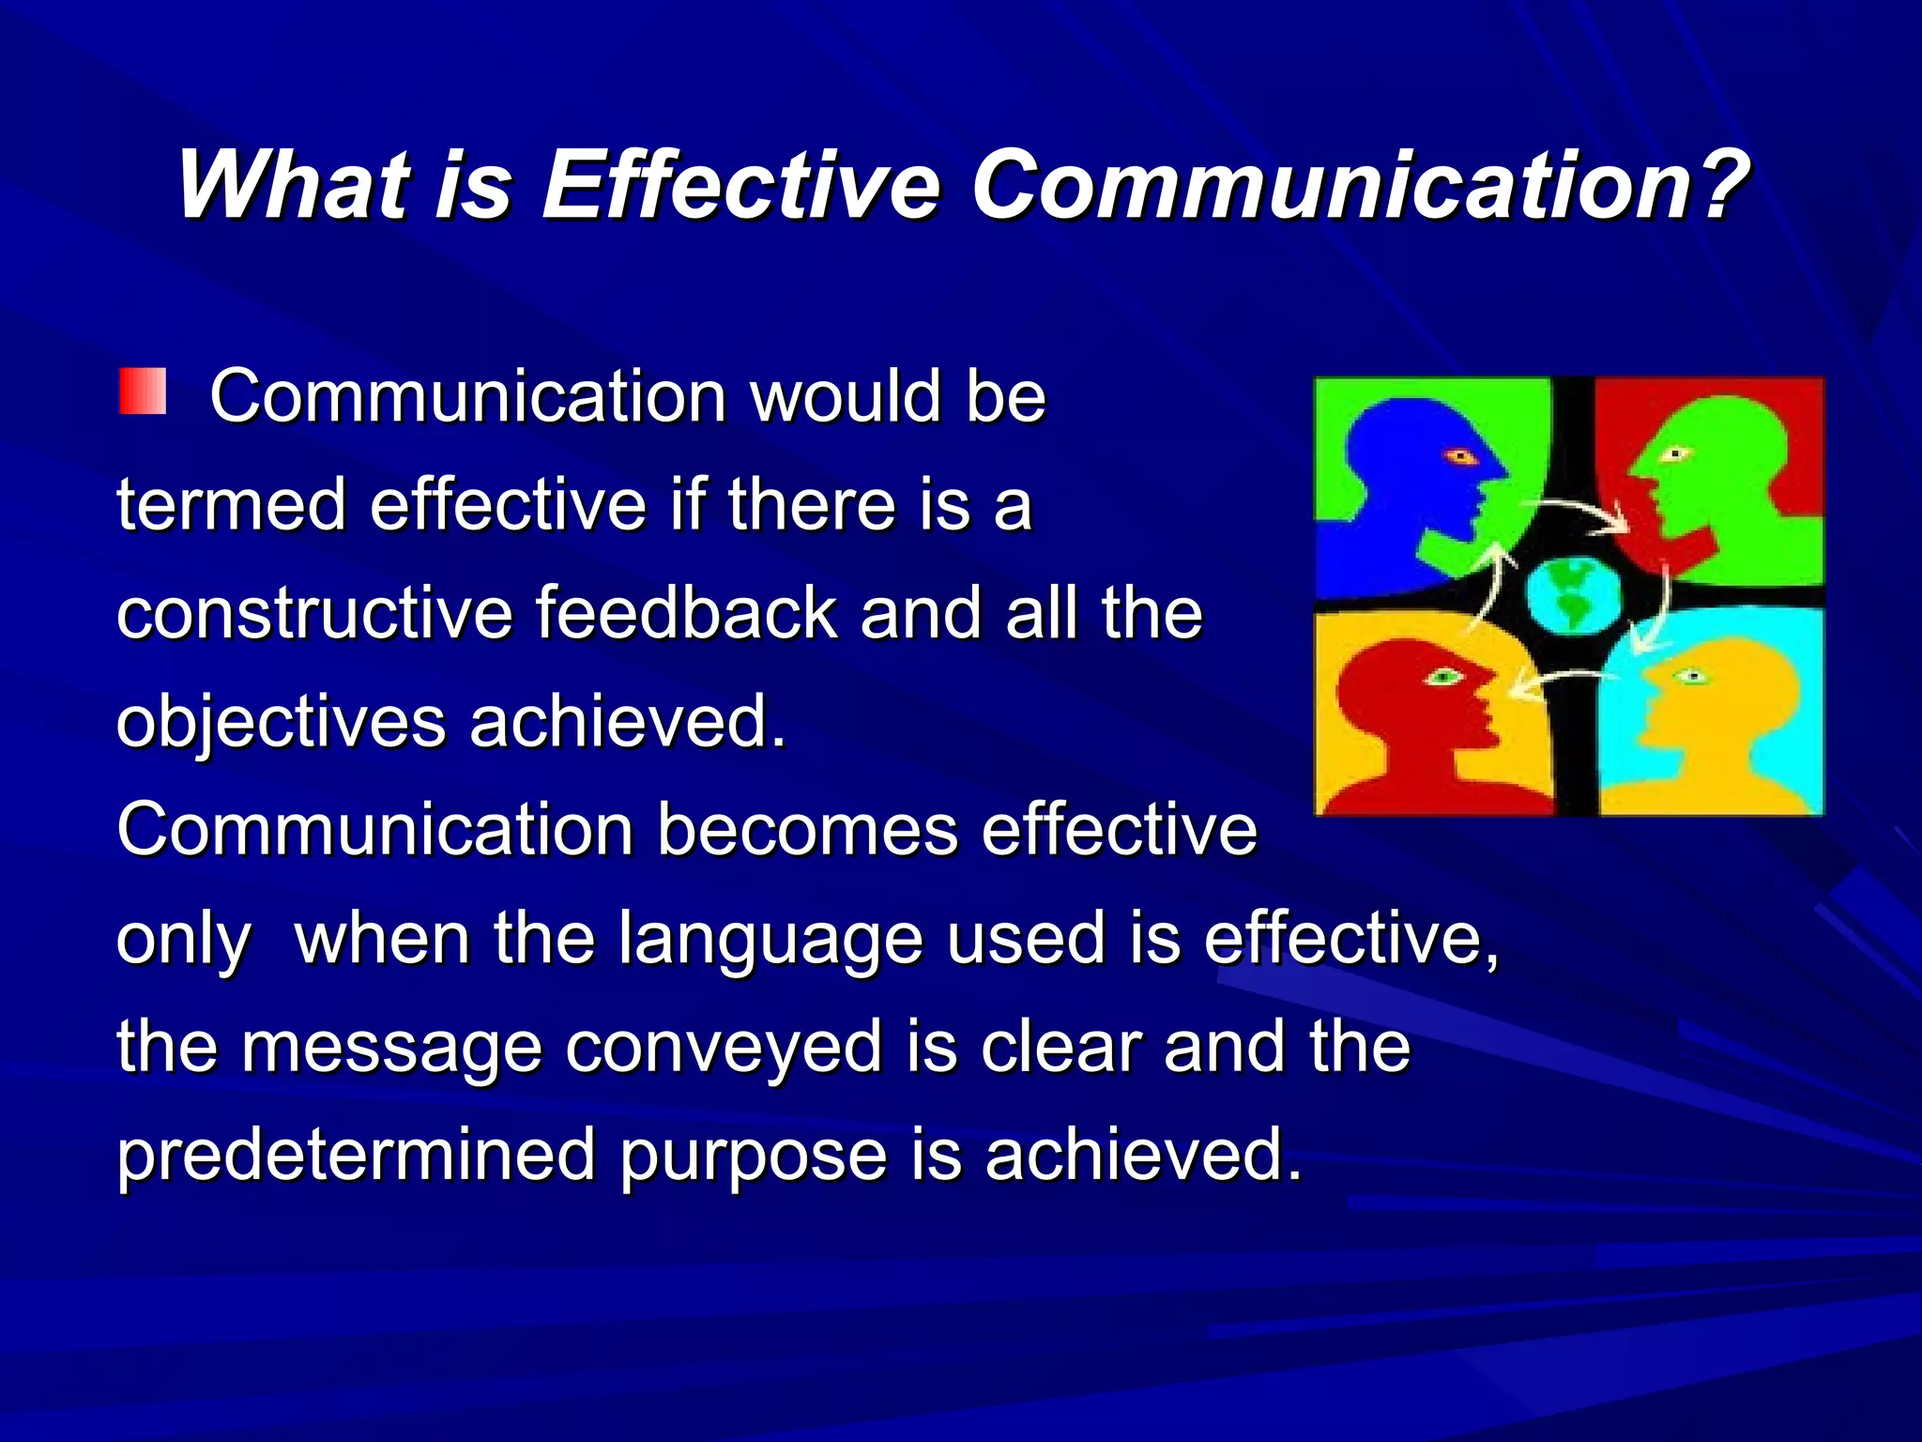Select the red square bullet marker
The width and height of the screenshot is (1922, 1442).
click(x=143, y=391)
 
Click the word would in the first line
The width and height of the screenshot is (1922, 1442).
click(x=847, y=396)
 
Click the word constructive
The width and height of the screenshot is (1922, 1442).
click(x=314, y=613)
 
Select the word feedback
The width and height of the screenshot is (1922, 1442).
click(x=686, y=613)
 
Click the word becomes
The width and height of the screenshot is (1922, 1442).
click(x=807, y=830)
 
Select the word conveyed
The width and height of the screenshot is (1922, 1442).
click(x=723, y=1049)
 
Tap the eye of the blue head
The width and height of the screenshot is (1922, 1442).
click(x=1460, y=457)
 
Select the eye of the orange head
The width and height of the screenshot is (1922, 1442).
click(x=1692, y=676)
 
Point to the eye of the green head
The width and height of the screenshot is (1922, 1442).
click(x=1674, y=455)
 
